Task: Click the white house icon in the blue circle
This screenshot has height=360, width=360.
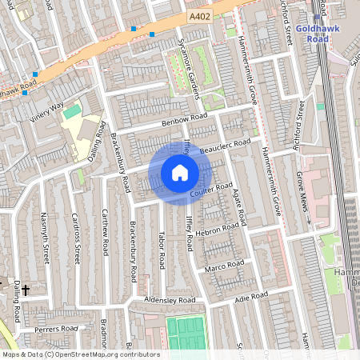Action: [x=180, y=173]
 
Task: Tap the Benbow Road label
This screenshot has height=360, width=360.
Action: [x=185, y=120]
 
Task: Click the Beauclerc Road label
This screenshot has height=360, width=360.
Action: [x=226, y=146]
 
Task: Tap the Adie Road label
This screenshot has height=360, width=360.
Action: [x=251, y=297]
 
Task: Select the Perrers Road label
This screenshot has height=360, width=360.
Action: [x=55, y=328]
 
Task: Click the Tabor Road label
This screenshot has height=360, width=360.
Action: [x=161, y=250]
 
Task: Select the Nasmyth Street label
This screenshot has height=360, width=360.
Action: [x=46, y=238]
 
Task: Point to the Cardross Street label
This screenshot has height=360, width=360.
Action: [x=76, y=236]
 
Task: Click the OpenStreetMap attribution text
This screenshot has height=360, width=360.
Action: [x=80, y=354]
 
